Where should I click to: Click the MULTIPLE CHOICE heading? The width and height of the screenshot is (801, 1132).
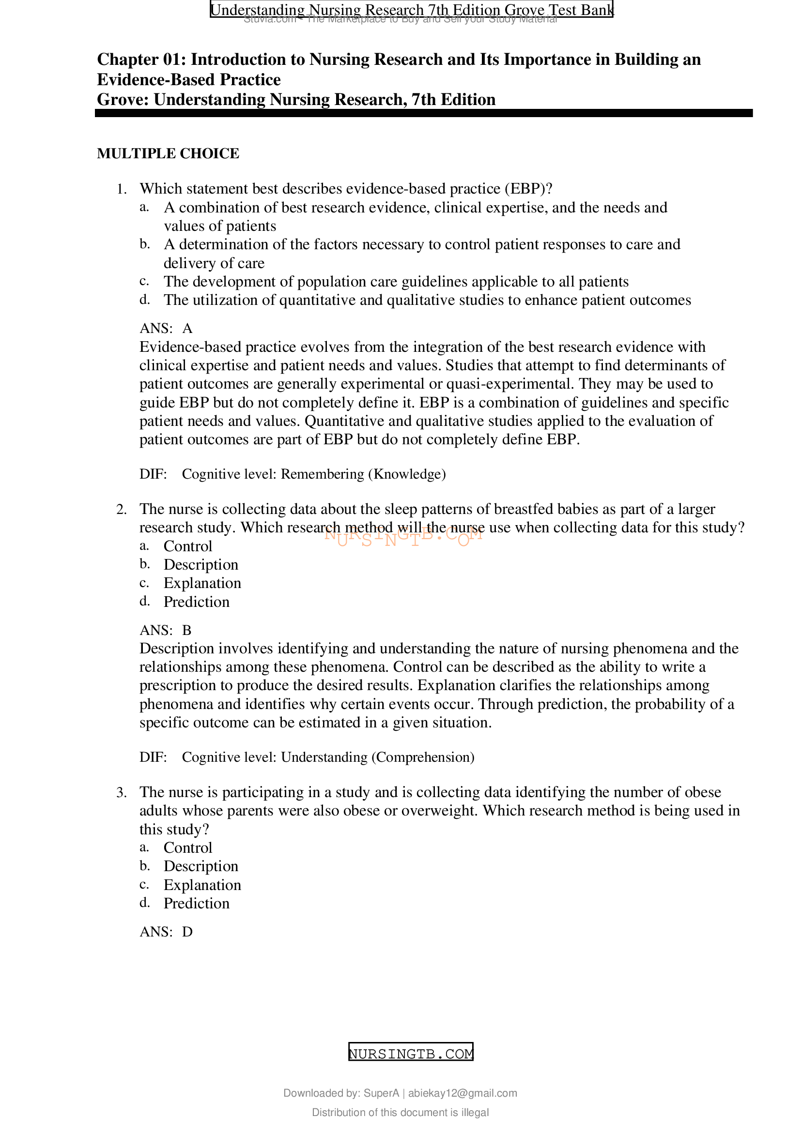click(x=168, y=153)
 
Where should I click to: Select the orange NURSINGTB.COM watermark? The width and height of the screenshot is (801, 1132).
click(x=403, y=536)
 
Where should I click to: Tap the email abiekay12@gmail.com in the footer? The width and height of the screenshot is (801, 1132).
click(x=462, y=1093)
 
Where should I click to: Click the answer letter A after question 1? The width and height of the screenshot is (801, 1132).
click(x=187, y=328)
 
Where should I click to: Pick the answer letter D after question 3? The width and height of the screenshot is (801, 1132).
click(x=187, y=932)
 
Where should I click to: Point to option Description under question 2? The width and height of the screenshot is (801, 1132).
click(x=201, y=564)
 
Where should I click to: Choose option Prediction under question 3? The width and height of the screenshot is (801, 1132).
click(x=196, y=903)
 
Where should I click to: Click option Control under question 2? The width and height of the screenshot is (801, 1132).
click(x=188, y=546)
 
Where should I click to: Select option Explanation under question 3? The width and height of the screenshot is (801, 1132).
click(x=202, y=885)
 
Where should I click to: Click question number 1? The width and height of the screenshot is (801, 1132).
click(x=122, y=189)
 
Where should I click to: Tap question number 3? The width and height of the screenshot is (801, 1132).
click(x=122, y=793)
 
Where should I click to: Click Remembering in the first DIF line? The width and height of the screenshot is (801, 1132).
click(x=322, y=474)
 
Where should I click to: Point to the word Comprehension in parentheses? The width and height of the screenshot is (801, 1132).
click(x=423, y=757)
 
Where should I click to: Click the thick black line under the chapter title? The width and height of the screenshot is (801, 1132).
click(x=423, y=113)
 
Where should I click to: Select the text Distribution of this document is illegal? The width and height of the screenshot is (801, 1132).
click(x=400, y=1112)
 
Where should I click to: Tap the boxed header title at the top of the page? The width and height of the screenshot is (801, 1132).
click(x=411, y=9)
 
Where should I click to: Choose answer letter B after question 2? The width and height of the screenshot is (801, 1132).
click(x=186, y=630)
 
